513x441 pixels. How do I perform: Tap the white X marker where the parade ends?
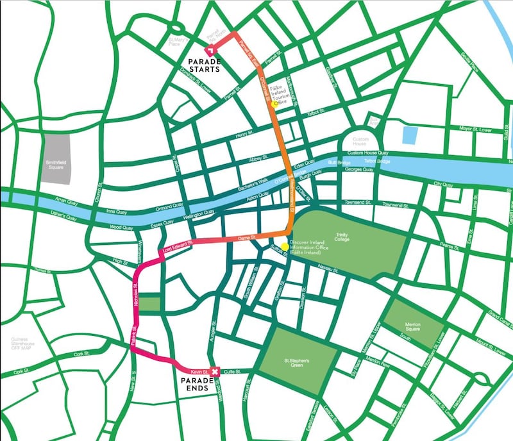[x=215, y=370]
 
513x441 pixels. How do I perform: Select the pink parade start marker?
[x=209, y=51]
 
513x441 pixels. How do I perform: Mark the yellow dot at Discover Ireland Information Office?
[x=285, y=246]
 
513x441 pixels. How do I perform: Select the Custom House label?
[x=363, y=142]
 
